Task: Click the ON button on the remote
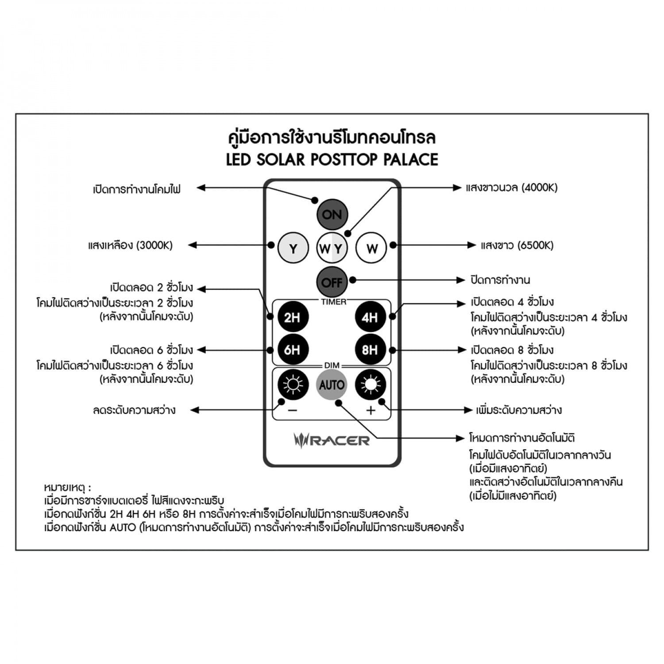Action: (332, 215)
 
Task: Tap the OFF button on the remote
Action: (332, 282)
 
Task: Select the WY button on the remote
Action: (332, 248)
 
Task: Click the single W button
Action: (371, 248)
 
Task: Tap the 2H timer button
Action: (293, 317)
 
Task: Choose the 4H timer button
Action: (371, 317)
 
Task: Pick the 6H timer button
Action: (293, 350)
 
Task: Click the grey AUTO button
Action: (332, 385)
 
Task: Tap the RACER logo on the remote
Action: (332, 440)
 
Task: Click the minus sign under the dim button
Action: (293, 410)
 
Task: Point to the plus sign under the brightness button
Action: (371, 410)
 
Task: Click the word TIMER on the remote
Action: (334, 302)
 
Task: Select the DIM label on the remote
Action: (332, 365)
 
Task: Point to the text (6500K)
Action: (535, 245)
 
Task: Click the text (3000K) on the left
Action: (154, 245)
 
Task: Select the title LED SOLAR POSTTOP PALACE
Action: (332, 160)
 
